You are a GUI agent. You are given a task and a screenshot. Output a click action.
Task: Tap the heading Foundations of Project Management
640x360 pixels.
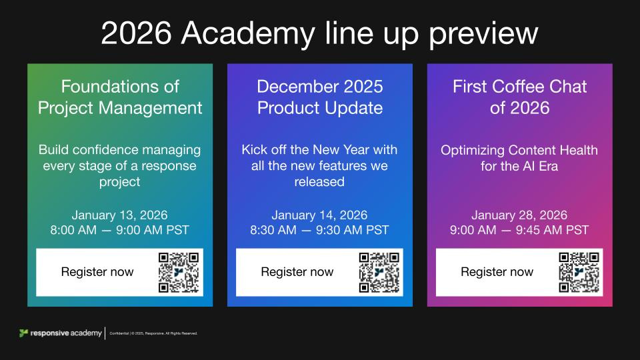click(x=120, y=97)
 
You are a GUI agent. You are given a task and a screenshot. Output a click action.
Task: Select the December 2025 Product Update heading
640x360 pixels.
click(x=320, y=97)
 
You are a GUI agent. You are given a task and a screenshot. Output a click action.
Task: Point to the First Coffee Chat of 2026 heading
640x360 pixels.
click(x=519, y=97)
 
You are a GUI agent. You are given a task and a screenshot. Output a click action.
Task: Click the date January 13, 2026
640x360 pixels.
click(x=120, y=215)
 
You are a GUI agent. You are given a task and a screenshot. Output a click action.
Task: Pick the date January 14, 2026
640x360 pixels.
click(x=320, y=215)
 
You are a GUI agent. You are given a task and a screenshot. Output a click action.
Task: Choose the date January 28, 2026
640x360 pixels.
click(x=519, y=215)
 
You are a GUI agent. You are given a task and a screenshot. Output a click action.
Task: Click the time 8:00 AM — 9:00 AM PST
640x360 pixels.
click(x=120, y=230)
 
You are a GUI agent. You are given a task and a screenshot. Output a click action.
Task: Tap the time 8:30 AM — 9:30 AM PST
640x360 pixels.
click(x=320, y=230)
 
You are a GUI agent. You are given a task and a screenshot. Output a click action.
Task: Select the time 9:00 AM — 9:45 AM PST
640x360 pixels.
click(x=519, y=230)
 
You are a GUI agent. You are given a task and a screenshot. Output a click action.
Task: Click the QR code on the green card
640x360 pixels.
click(x=179, y=272)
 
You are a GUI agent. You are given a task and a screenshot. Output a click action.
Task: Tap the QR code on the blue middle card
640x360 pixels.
click(x=379, y=272)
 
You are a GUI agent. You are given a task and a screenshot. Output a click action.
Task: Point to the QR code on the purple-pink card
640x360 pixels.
click(x=579, y=272)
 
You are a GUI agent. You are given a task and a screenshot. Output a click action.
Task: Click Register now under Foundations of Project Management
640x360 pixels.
click(x=97, y=272)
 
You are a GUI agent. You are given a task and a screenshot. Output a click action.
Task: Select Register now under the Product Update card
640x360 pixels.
click(x=297, y=272)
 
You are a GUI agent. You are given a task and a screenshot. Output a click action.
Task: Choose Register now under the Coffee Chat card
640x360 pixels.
click(x=497, y=272)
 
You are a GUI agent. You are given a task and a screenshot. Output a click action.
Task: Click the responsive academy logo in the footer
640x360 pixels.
click(x=61, y=333)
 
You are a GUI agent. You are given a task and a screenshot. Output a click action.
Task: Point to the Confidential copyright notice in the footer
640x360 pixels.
click(x=158, y=333)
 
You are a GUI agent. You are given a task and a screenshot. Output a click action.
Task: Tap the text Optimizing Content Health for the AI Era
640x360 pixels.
click(x=519, y=158)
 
